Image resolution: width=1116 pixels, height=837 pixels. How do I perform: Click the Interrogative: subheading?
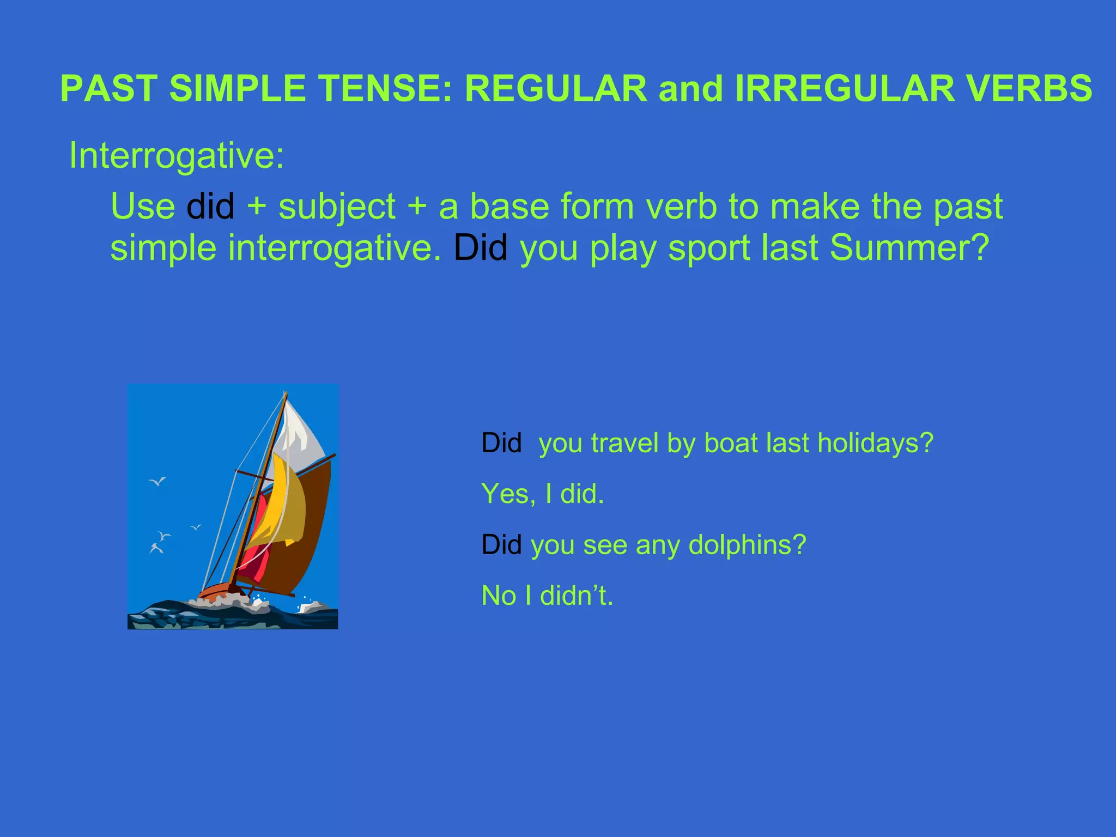[x=177, y=156]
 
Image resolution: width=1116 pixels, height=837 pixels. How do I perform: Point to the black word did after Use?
[x=210, y=207]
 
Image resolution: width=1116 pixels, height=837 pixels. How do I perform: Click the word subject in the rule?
[x=337, y=208]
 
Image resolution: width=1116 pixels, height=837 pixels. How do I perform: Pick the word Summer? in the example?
[x=909, y=248]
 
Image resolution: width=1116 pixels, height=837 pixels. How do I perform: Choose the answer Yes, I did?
[x=543, y=494]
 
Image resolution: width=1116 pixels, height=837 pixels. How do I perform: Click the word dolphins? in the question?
[x=747, y=544]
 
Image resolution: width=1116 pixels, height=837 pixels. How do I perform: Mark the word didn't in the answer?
[x=577, y=595]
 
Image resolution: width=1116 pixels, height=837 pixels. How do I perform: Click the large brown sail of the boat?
[x=313, y=523]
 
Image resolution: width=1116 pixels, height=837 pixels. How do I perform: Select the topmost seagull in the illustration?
[x=157, y=481]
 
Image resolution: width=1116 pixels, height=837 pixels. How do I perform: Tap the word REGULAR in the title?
[x=556, y=88]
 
